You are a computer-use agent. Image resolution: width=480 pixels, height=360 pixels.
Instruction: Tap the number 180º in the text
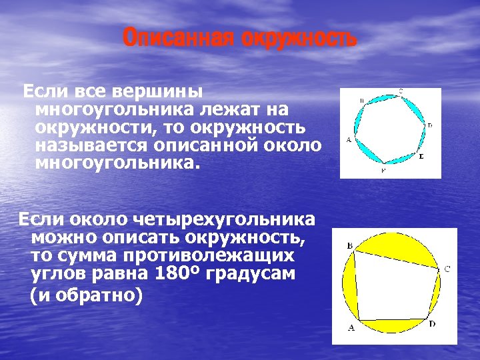175,273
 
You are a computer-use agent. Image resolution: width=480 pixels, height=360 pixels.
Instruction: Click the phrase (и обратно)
87,295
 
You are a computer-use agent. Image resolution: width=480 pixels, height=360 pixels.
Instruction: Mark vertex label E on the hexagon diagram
421,155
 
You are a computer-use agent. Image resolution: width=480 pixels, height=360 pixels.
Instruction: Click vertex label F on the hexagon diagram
383,171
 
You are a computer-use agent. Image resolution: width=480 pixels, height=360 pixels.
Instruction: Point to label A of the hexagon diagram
348,140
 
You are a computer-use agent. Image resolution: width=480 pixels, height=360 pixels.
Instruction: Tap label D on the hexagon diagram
429,125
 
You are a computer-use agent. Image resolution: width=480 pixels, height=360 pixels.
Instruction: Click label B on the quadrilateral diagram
350,246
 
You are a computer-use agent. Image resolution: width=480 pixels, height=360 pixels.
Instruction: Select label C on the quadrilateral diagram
447,269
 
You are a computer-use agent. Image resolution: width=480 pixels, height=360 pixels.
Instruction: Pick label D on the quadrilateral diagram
432,324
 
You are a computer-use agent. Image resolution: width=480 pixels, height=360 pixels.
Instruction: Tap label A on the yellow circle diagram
351,328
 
